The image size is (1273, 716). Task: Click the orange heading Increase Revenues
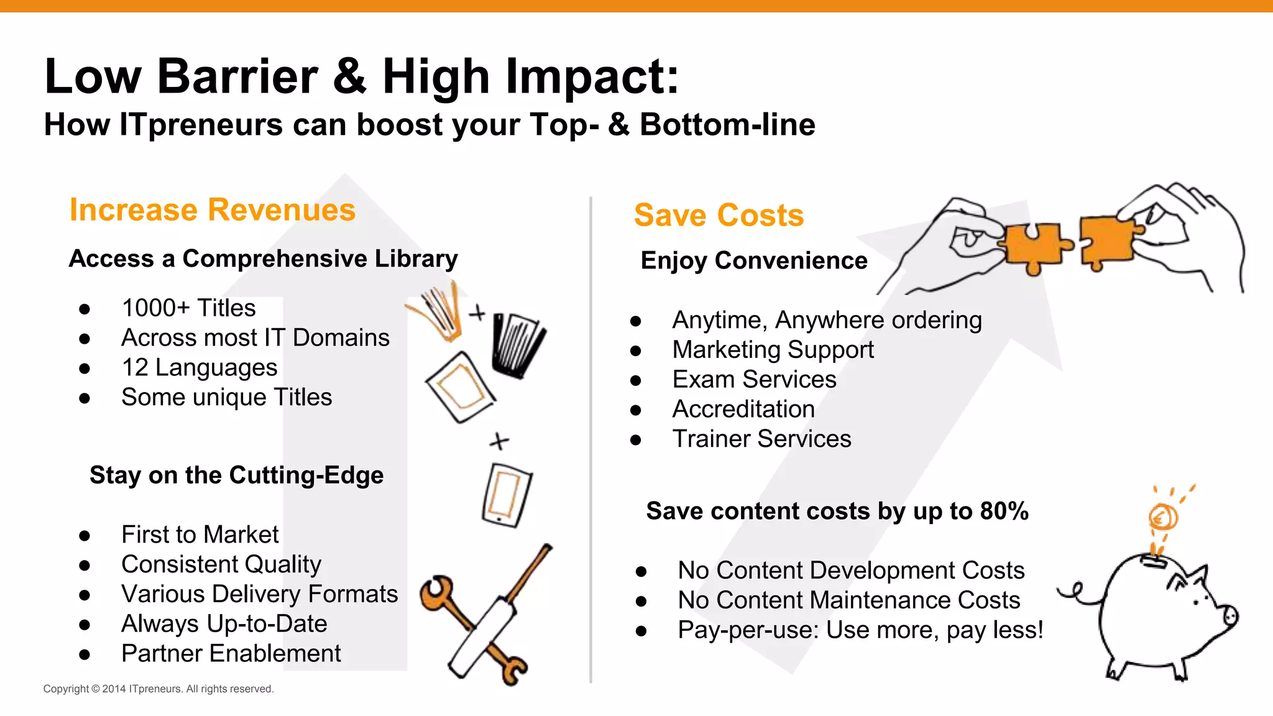pos(212,210)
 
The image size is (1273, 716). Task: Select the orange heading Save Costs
pos(719,216)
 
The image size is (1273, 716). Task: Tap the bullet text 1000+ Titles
pos(188,308)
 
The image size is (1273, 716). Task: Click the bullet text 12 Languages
pos(199,368)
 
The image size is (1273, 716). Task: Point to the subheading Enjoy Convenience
pos(753,261)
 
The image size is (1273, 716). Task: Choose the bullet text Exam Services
pos(754,380)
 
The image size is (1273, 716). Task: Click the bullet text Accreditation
pos(743,410)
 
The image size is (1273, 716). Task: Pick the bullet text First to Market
pos(200,535)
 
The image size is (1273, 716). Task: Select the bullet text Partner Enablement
pos(231,654)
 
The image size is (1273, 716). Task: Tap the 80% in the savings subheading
pos(1004,512)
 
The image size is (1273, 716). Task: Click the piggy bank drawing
pos(1156,615)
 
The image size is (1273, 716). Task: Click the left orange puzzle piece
pos(1035,247)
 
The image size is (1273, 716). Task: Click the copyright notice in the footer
pos(159,689)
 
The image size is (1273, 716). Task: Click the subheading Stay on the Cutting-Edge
pos(236,475)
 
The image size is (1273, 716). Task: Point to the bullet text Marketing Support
pos(773,350)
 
